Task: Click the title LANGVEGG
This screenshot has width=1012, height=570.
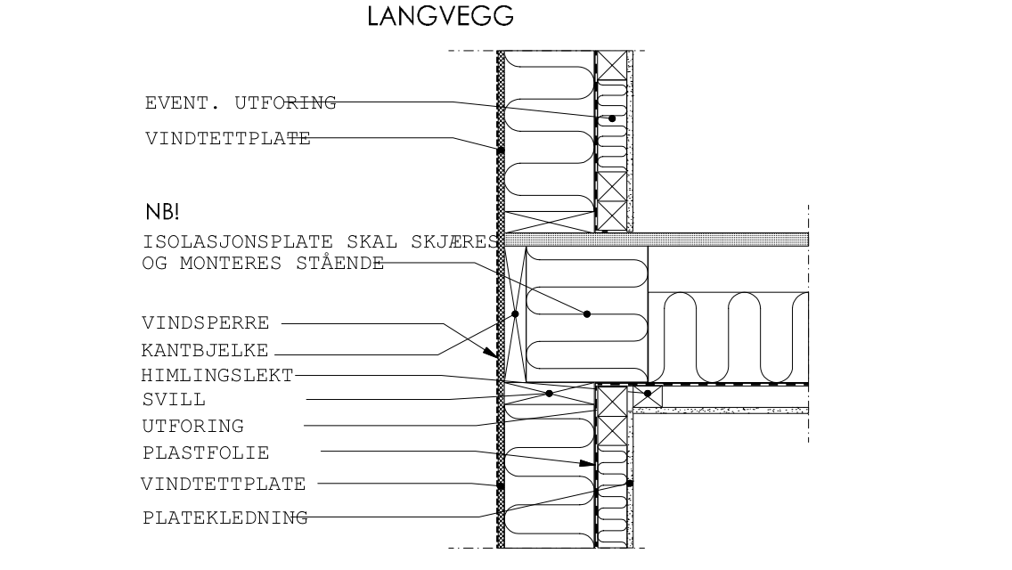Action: [x=440, y=18]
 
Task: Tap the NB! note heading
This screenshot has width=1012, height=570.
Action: [x=162, y=214]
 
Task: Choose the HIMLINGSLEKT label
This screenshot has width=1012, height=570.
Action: [x=217, y=375]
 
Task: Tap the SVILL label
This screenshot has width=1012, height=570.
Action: [x=173, y=400]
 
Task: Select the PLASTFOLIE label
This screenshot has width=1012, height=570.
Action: [x=205, y=452]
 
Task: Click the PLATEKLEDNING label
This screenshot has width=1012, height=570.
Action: [x=224, y=517]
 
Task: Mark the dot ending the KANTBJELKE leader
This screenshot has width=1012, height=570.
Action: [x=515, y=314]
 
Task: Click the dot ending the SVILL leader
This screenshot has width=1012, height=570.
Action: [x=549, y=393]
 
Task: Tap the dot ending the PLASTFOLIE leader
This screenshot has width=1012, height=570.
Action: [x=585, y=463]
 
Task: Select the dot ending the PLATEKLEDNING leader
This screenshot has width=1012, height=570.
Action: [x=629, y=483]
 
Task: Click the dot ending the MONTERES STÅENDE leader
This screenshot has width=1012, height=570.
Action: [x=587, y=313]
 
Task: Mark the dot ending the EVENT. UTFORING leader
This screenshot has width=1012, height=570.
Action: [x=612, y=118]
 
